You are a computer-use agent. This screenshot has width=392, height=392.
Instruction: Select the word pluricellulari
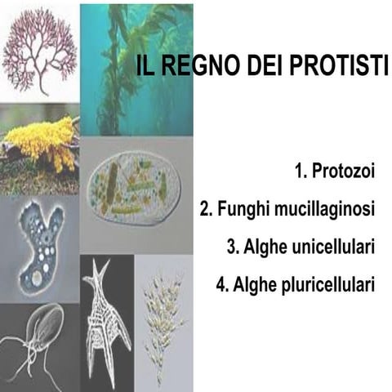coord(325,285)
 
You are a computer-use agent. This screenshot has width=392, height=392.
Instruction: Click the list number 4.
coord(221,285)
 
